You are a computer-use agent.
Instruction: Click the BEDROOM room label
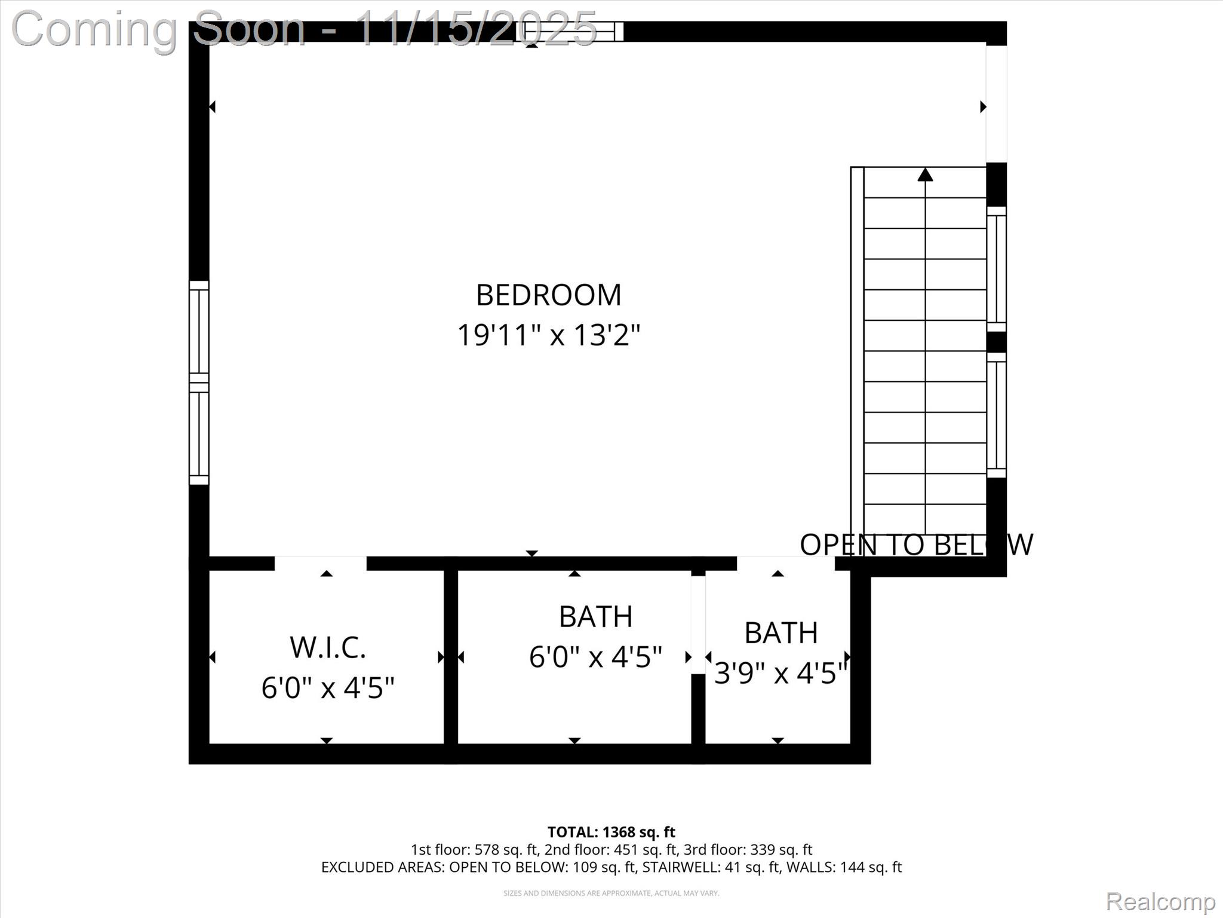548,295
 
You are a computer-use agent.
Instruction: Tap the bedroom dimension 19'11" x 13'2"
548,335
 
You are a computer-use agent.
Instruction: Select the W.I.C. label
328,648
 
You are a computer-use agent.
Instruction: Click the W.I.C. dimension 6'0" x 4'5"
328,688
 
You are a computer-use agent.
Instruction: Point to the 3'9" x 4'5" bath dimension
780,674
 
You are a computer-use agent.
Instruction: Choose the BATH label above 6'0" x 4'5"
595,617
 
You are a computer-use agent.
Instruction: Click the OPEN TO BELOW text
915,544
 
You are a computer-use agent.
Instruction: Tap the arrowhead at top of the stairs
925,175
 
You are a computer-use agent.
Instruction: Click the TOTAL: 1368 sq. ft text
611,832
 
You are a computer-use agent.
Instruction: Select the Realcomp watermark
1160,901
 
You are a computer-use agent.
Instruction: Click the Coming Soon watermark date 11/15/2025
475,28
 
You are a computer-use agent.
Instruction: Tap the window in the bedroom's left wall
199,382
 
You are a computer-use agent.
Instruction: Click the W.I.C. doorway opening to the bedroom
321,563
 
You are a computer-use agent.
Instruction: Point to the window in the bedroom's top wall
570,31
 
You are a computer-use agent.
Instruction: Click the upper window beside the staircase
996,269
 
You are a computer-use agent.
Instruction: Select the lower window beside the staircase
996,415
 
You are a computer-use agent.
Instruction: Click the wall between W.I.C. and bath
451,657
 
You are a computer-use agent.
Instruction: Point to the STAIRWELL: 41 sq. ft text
711,867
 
